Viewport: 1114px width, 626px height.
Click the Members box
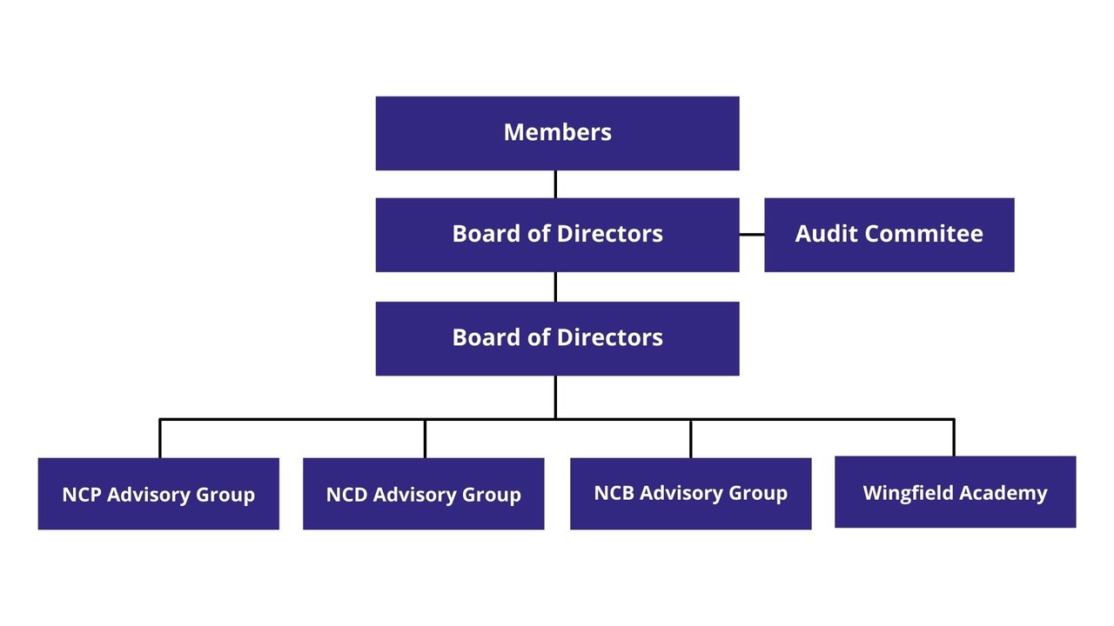[x=557, y=133]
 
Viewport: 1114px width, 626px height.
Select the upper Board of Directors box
[x=557, y=235]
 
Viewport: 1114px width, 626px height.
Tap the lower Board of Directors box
[x=557, y=338]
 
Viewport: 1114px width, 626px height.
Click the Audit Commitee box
[x=889, y=235]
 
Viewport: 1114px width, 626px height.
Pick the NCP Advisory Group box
[x=158, y=494]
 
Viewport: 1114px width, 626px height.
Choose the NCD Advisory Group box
[x=423, y=494]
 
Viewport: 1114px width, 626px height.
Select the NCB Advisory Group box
[x=690, y=493]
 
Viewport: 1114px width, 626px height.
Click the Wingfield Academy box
[x=955, y=492]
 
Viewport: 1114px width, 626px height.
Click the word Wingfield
[x=903, y=493]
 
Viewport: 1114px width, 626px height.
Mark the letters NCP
[x=81, y=495]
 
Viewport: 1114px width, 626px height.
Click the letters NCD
[x=346, y=495]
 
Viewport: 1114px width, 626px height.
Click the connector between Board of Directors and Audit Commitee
[x=752, y=235]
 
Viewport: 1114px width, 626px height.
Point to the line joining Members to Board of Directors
[x=555, y=184]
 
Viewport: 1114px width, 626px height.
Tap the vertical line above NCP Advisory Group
[x=160, y=439]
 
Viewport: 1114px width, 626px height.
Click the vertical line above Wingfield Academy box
[x=954, y=438]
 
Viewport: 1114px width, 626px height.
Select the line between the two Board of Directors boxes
[x=555, y=287]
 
